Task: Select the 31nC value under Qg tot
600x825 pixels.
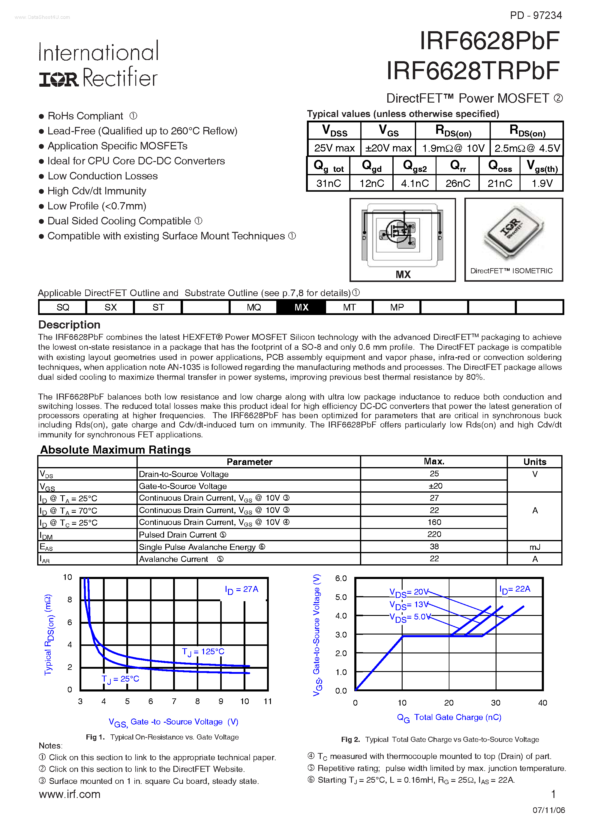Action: point(328,183)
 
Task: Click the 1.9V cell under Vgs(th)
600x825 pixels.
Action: point(541,183)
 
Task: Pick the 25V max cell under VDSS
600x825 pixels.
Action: point(334,148)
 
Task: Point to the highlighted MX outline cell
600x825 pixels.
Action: point(301,307)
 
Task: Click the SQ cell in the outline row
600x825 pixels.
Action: point(63,307)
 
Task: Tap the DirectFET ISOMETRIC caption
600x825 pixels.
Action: point(511,271)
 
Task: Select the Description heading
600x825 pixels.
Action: point(69,325)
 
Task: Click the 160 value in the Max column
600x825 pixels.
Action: point(434,522)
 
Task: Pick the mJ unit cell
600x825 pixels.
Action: point(535,547)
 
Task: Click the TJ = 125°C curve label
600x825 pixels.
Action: point(203,652)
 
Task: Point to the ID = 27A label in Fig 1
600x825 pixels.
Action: point(241,589)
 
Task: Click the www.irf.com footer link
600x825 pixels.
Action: point(70,794)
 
